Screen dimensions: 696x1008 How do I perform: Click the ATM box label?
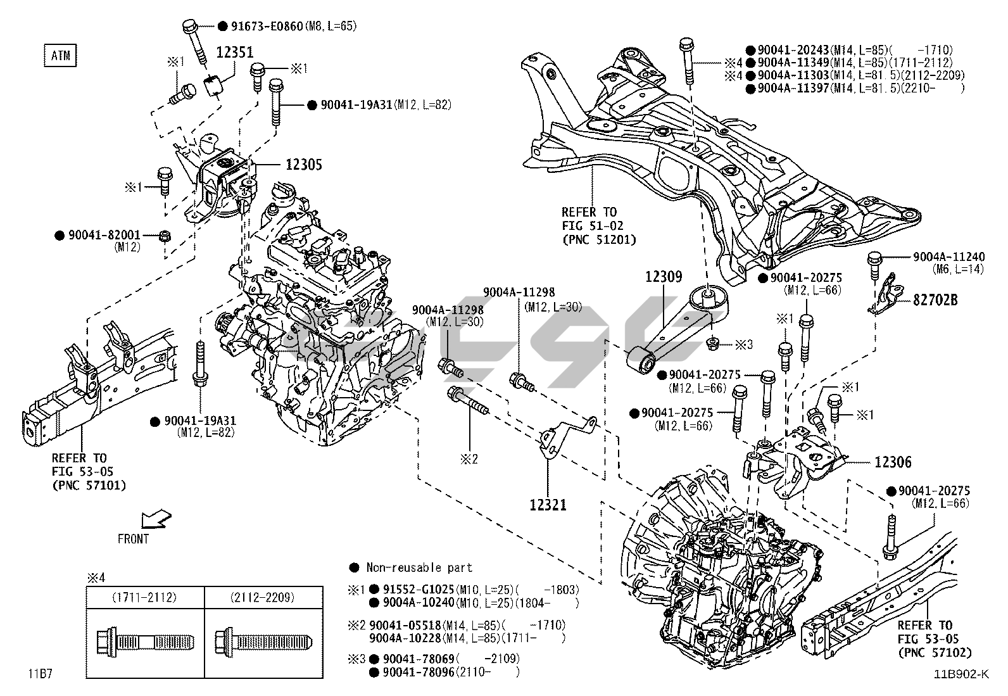coord(60,56)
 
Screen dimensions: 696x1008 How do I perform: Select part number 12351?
coord(236,53)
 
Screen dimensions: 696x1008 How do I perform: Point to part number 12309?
coord(664,277)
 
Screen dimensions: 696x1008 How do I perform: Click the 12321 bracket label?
coord(548,505)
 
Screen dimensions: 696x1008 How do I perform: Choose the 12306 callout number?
coord(893,463)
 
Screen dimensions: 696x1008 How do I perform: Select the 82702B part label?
coord(935,300)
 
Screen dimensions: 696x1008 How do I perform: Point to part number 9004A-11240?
coord(948,257)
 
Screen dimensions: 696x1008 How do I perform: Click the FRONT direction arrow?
coord(154,519)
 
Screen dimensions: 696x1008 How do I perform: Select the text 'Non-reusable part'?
coord(419,567)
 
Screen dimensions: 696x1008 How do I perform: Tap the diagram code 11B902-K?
coord(959,675)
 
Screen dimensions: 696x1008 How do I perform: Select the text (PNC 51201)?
coord(598,239)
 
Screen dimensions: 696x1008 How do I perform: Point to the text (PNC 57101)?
coord(89,485)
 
